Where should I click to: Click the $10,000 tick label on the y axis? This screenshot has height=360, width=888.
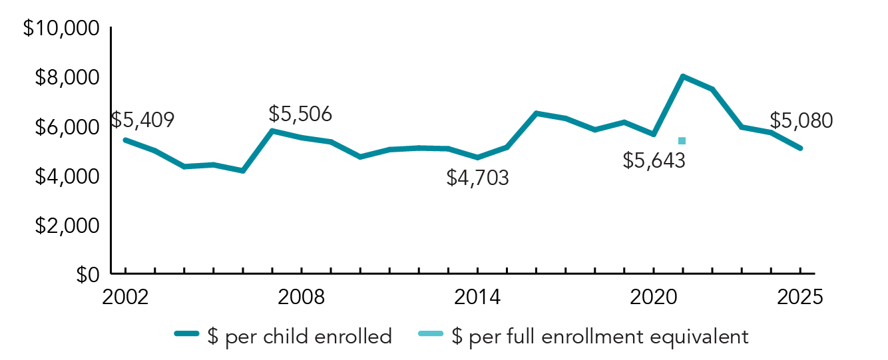click(61, 29)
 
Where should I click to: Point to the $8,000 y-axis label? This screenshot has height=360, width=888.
click(66, 78)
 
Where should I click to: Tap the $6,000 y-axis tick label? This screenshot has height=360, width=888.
click(66, 127)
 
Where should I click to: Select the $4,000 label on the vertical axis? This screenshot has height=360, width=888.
click(66, 176)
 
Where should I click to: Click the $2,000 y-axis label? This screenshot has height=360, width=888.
click(66, 226)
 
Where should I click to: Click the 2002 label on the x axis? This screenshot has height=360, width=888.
click(124, 297)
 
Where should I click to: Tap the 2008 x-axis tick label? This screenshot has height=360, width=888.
click(302, 297)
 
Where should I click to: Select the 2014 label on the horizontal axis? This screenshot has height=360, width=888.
click(477, 297)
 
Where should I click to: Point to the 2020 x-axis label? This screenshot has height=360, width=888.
click(654, 297)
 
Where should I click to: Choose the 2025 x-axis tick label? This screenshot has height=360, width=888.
click(801, 297)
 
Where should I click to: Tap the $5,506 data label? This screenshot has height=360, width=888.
click(300, 114)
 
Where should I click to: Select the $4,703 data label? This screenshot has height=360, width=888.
click(477, 178)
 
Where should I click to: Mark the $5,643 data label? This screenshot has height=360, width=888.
click(654, 160)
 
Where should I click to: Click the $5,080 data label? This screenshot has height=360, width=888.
click(801, 120)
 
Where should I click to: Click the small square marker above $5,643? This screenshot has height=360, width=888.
click(682, 140)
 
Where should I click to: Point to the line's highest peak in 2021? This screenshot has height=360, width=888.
click(683, 77)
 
